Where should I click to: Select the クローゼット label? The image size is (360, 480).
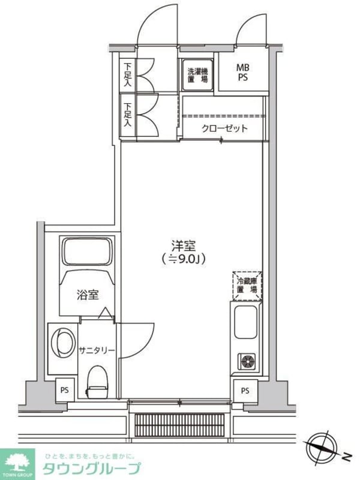tap(224, 128)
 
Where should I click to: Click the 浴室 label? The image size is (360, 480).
tap(88, 295)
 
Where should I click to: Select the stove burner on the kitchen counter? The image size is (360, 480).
tap(247, 361)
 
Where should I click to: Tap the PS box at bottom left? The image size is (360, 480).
tap(65, 389)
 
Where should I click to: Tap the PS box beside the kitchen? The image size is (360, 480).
tap(245, 391)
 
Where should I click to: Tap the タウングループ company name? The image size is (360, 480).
tap(91, 469)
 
